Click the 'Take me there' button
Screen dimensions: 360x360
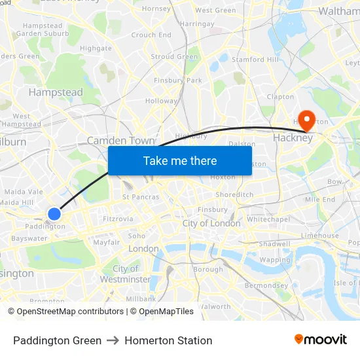click(x=180, y=160)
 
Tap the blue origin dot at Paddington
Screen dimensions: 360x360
click(x=54, y=213)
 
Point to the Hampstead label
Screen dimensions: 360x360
click(x=56, y=92)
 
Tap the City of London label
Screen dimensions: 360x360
click(x=211, y=223)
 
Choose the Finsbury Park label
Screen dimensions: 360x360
click(x=178, y=81)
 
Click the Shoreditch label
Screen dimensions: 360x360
click(x=234, y=194)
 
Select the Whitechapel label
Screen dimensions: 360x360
click(x=268, y=219)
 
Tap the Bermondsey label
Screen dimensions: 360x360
click(x=266, y=285)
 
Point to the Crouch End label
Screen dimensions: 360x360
click(x=151, y=35)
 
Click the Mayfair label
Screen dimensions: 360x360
click(x=106, y=242)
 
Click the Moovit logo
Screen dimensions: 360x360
click(x=321, y=340)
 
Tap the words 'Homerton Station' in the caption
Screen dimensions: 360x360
click(x=168, y=340)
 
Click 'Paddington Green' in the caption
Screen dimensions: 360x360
click(x=57, y=340)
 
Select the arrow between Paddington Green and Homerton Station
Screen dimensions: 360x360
click(x=113, y=340)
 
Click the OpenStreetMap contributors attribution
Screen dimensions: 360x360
click(x=66, y=312)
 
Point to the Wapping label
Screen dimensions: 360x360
click(x=274, y=260)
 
